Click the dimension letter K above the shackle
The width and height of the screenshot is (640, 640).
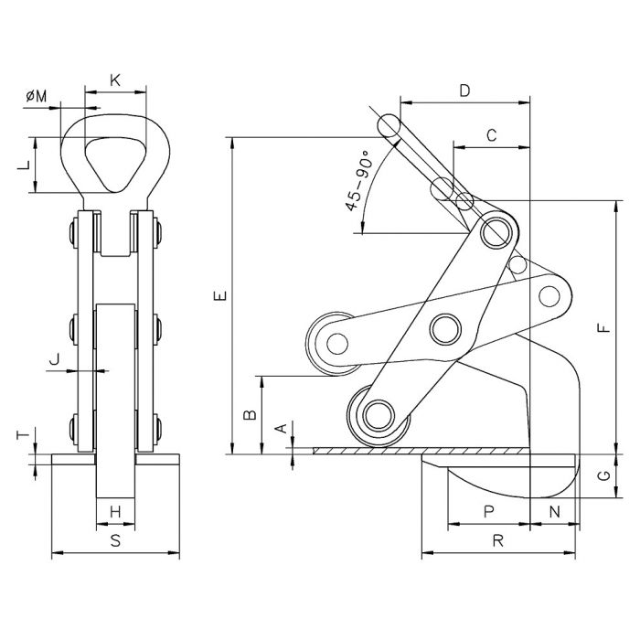[115, 80]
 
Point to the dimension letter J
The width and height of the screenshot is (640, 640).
[58, 359]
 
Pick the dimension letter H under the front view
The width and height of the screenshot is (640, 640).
[115, 511]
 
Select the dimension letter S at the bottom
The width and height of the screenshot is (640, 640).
[115, 540]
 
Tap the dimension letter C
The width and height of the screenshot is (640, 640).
[491, 135]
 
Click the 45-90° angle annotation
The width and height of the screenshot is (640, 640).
[357, 180]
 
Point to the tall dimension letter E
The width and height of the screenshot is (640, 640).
[218, 295]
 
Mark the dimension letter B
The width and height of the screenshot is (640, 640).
[248, 414]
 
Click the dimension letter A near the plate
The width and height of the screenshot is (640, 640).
[282, 427]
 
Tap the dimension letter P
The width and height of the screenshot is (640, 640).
[489, 513]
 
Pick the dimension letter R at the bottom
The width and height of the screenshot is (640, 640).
[499, 540]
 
